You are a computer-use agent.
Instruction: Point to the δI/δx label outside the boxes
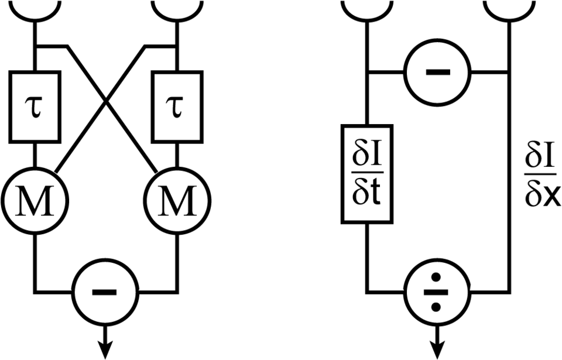click(x=541, y=174)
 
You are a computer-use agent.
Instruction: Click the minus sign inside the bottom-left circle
click(x=104, y=293)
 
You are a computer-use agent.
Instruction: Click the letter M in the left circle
click(x=35, y=201)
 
